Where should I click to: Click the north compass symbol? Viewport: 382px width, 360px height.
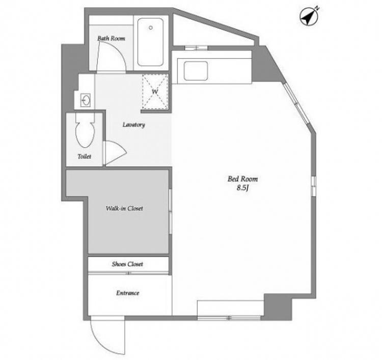[309, 17]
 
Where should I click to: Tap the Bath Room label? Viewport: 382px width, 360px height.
[111, 38]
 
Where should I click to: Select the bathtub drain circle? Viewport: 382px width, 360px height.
[151, 28]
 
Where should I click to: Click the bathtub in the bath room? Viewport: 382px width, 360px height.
[150, 42]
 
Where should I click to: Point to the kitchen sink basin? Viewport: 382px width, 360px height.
[196, 71]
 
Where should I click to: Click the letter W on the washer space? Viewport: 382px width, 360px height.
[155, 92]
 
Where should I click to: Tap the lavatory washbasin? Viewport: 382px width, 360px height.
[86, 100]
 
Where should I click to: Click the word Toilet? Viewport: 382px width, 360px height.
[84, 156]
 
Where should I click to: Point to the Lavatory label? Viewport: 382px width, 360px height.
[133, 125]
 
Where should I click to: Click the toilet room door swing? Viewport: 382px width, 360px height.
[115, 153]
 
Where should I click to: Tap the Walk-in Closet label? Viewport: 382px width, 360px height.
[124, 208]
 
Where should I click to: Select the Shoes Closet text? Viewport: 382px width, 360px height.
[127, 264]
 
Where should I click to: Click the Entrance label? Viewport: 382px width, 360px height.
[128, 293]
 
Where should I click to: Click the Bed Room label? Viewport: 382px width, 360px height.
[242, 179]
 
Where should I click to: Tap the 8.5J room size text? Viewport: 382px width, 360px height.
[242, 188]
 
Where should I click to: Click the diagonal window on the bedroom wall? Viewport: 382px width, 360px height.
[296, 104]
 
